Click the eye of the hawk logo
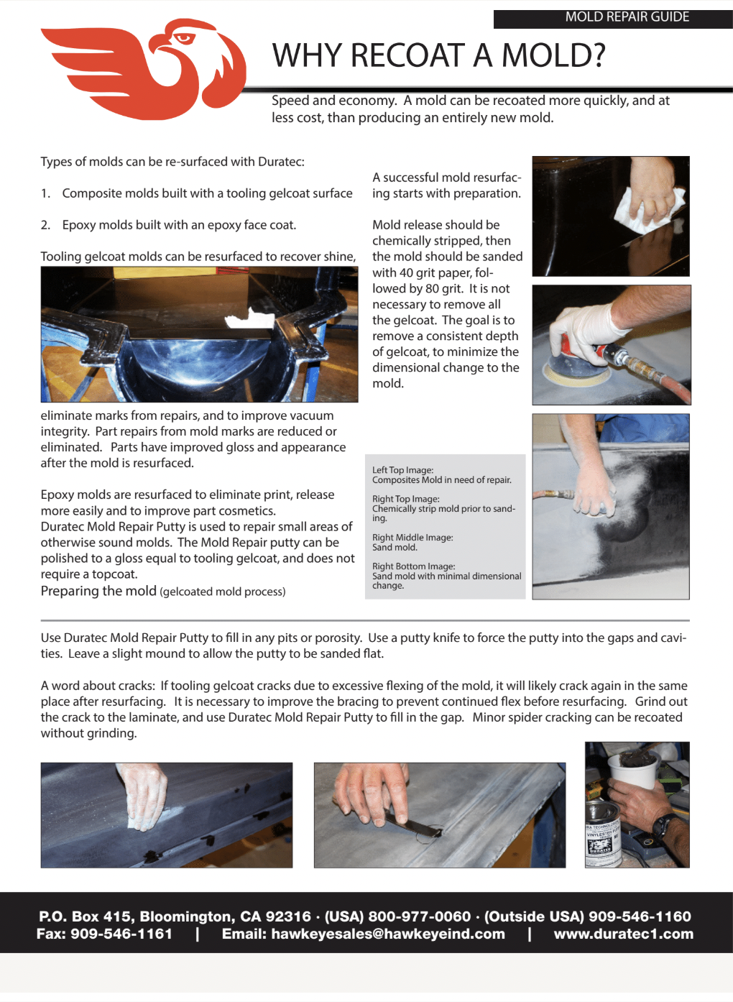point(185,38)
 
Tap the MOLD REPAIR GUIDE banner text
point(627,17)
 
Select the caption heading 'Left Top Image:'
point(402,470)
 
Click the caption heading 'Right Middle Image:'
point(412,538)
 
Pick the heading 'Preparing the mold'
point(98,591)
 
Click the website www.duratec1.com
point(623,934)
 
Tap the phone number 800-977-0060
point(419,916)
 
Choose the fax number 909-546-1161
point(121,934)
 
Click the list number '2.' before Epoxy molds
point(45,225)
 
